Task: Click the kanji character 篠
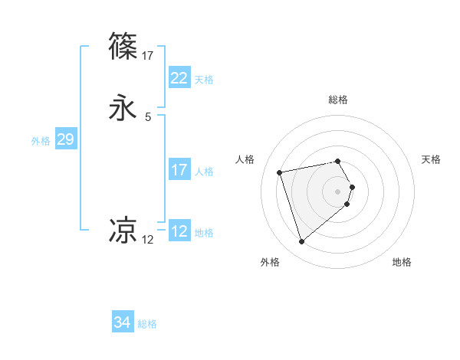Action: click(124, 46)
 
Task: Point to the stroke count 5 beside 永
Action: click(148, 117)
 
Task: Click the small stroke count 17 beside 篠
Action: click(148, 55)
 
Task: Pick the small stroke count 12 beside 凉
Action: click(148, 240)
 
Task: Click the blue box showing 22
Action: click(179, 78)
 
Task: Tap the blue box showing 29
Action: click(65, 139)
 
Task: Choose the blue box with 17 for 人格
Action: click(179, 170)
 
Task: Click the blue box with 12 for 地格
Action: click(179, 231)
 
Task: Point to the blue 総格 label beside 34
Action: click(147, 324)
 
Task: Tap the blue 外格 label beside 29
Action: click(41, 140)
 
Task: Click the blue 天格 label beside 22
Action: click(204, 80)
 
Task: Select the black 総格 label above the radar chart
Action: click(338, 100)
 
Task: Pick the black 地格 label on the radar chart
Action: click(402, 262)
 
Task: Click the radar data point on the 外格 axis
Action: click(302, 241)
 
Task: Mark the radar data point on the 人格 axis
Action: click(280, 172)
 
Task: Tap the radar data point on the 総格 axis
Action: click(338, 161)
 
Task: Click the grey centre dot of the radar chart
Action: click(338, 191)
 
